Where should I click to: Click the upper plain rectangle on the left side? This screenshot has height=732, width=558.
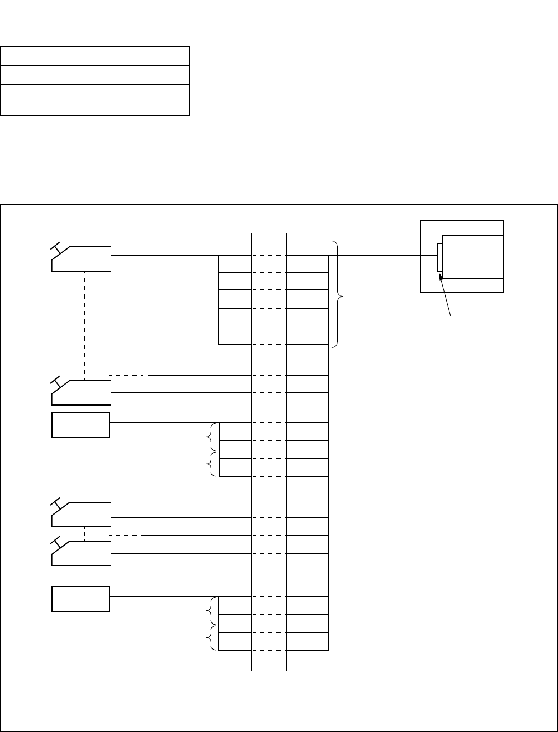(81, 425)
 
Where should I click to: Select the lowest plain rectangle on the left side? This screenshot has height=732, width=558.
(81, 599)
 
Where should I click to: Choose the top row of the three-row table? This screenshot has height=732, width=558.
(95, 56)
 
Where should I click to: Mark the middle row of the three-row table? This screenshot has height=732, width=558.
(95, 75)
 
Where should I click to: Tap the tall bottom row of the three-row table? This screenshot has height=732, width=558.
(95, 100)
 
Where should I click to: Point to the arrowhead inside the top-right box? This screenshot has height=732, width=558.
(442, 281)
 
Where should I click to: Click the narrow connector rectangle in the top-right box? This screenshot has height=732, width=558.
(440, 257)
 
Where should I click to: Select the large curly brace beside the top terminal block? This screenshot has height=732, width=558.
(339, 294)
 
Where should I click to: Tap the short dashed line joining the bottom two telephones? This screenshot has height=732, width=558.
(84, 534)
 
